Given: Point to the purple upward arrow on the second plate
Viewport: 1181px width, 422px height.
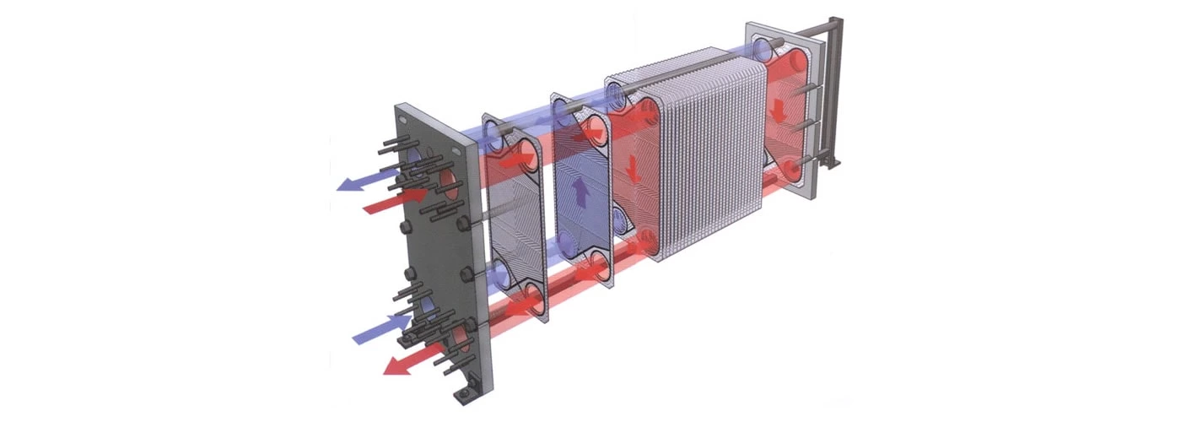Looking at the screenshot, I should pyautogui.click(x=581, y=192).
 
